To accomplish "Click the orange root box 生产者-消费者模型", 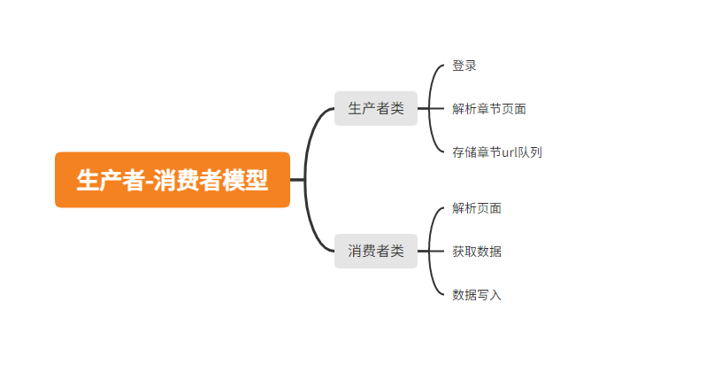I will point(173,180).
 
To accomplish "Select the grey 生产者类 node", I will point(376,108).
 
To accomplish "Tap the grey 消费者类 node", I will point(376,251).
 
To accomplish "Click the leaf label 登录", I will point(464,66).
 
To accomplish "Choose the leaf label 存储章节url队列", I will point(496,151).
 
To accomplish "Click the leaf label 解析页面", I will point(477,208).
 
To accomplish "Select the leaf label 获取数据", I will point(477,251).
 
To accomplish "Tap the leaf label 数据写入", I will point(477,294).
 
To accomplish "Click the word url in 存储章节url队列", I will point(510,151).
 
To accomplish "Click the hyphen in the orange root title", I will point(148,181).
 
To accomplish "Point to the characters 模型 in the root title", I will point(243,180).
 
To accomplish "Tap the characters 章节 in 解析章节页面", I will point(489,108).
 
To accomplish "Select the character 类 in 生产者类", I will point(397,108).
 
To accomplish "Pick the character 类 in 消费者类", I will point(397,251).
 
